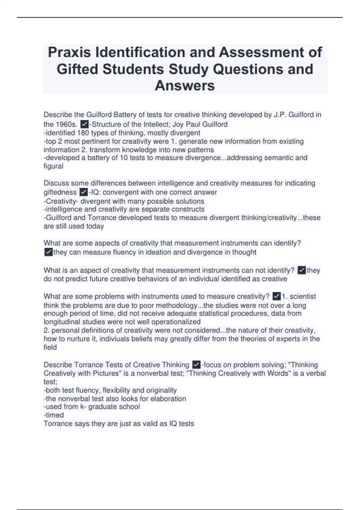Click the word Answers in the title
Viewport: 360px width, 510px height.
tap(185, 85)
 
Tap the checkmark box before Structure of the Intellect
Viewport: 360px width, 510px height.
tap(85, 124)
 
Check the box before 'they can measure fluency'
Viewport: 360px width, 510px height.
tap(48, 252)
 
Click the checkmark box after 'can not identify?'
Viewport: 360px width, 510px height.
tap(301, 270)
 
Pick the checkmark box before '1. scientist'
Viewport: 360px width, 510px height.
tap(277, 296)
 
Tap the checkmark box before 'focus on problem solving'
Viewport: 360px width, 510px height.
tap(196, 365)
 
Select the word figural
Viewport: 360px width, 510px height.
tap(53, 166)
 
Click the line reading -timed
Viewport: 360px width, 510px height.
tap(54, 415)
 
